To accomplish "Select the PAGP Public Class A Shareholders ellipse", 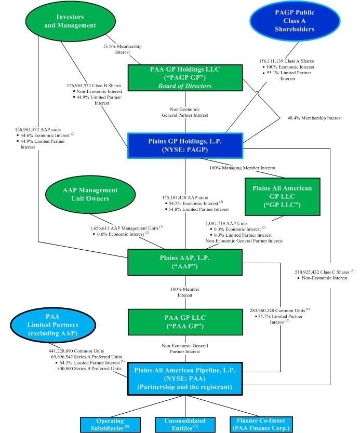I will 296,21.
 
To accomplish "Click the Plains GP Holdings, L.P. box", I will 185,146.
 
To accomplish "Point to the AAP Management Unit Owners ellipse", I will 91,194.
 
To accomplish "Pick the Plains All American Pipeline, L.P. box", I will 185,381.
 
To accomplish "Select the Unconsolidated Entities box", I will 185,424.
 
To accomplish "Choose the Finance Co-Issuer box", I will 264,424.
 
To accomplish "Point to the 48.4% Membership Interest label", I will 314,118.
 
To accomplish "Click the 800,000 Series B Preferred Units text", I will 91,368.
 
